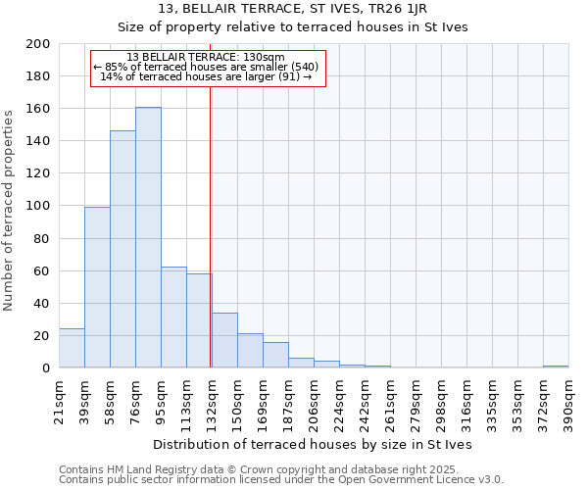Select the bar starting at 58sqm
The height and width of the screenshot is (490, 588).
[x=122, y=249]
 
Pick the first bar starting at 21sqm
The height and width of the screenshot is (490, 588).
[x=72, y=348]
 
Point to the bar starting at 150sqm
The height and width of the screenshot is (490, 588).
[x=250, y=351]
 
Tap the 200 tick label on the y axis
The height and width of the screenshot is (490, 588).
[x=39, y=44]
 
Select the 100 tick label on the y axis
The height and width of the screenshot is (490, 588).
[x=39, y=206]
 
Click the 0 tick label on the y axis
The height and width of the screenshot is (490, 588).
[x=46, y=368]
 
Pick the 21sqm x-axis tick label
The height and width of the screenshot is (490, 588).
[x=60, y=399]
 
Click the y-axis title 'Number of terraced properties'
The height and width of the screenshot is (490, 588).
[x=9, y=211]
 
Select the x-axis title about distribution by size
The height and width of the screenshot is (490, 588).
[x=314, y=445]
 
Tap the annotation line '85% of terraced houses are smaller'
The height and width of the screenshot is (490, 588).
[x=206, y=67]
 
